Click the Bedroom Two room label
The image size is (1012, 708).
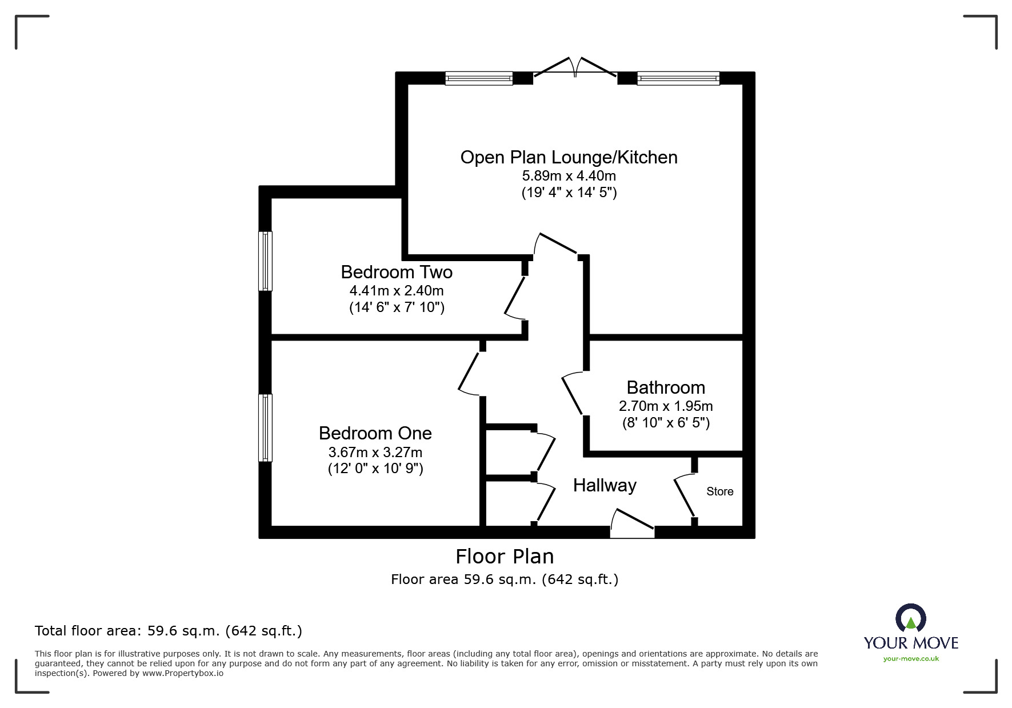pos(397,272)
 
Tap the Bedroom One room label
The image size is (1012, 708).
pos(375,433)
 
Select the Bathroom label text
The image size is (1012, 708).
pos(666,387)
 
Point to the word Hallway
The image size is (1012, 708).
pos(605,486)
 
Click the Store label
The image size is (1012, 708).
pos(720,491)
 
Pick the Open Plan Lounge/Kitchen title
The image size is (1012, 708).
pos(569,157)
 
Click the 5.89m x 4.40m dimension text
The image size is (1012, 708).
pos(569,175)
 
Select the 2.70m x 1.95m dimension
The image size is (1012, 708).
pos(666,406)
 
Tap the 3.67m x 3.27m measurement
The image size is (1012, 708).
pos(375,452)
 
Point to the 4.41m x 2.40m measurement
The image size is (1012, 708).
pos(397,290)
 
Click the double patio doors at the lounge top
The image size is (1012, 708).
pos(575,67)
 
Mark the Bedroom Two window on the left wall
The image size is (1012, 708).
pos(265,261)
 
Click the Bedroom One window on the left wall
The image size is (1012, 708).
pos(265,427)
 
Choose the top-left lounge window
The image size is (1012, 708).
pos(479,78)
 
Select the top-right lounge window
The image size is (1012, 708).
pos(678,78)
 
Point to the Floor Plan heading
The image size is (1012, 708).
pos(505,556)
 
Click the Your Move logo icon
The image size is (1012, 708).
pos(910,618)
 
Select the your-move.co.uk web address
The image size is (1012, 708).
pos(911,659)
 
